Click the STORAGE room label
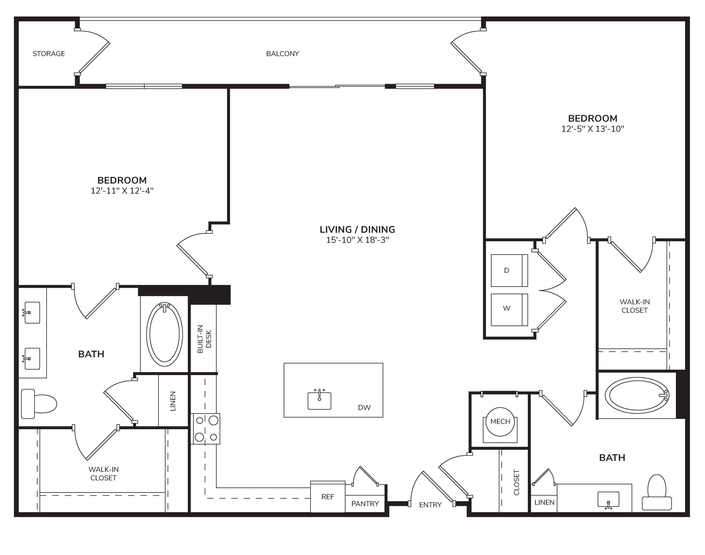(x=49, y=54)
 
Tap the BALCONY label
(x=282, y=54)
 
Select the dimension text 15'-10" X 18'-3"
(x=357, y=240)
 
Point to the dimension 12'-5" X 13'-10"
(x=593, y=129)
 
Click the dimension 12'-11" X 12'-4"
(x=122, y=190)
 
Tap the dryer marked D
(x=509, y=270)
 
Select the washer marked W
(x=509, y=310)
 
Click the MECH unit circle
(x=500, y=422)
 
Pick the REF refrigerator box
(x=328, y=496)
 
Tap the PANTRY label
(x=365, y=504)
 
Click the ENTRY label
(x=430, y=505)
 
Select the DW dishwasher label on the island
(x=364, y=407)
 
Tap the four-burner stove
(x=205, y=429)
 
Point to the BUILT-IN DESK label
(x=204, y=339)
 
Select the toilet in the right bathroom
(x=657, y=492)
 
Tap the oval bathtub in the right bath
(x=637, y=395)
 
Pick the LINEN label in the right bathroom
(x=544, y=502)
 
